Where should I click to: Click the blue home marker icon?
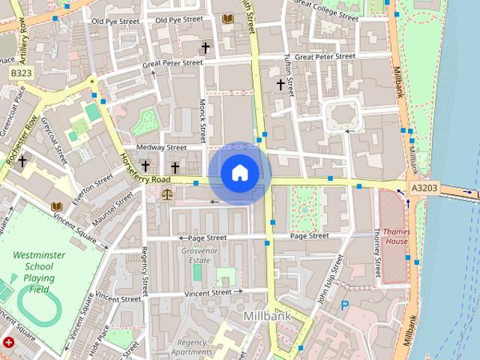point(239,173)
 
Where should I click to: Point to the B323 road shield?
point(21,73)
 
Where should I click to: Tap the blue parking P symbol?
point(345,305)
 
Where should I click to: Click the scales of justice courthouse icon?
point(166,194)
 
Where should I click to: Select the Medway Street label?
point(162,148)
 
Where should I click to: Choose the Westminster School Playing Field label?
point(39,271)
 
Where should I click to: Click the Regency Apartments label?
point(192,347)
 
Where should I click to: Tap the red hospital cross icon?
point(9,343)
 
